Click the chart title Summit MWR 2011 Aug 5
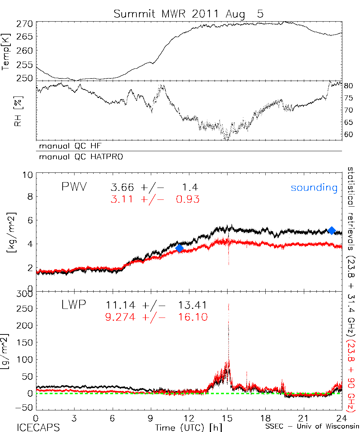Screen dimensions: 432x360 tap(189, 14)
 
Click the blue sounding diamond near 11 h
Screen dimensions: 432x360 tap(179, 248)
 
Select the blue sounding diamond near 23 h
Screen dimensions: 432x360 tap(332, 230)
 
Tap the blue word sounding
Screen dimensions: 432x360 tap(314, 188)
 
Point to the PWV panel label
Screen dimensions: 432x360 tap(75, 187)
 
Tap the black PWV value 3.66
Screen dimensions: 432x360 tap(120, 187)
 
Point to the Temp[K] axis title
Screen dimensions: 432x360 tap(6, 52)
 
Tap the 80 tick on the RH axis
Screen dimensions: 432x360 tap(348, 86)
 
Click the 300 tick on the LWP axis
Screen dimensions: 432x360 tap(25, 294)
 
